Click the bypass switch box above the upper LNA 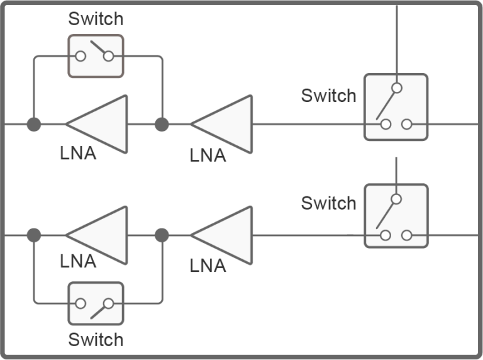tap(96, 56)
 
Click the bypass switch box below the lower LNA tap(96, 303)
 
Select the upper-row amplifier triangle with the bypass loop tap(101, 124)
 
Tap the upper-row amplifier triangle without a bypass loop tap(226, 124)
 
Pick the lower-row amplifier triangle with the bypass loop tap(101, 235)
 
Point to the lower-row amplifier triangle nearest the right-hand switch tap(226, 235)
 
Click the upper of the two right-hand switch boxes tap(396, 107)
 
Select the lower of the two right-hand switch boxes tap(396, 216)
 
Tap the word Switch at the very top tap(96, 19)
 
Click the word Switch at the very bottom tap(96, 340)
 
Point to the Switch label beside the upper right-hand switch tap(328, 96)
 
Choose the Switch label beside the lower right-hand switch tap(328, 203)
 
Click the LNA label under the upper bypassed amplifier tap(78, 153)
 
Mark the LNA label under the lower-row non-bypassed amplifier tap(208, 266)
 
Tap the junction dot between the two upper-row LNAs tap(162, 124)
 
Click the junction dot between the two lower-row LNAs tap(162, 235)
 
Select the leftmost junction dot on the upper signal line tap(34, 124)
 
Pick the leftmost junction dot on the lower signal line tap(34, 235)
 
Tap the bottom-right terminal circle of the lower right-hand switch tap(407, 235)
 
